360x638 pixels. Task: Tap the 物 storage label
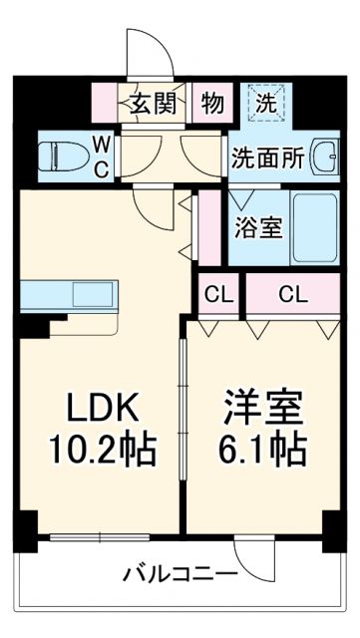click(x=212, y=102)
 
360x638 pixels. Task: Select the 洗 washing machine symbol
click(x=267, y=101)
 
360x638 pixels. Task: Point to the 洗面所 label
click(x=269, y=157)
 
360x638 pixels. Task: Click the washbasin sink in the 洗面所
click(x=324, y=156)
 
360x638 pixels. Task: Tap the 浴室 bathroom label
click(x=257, y=226)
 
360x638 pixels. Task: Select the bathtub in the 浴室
click(x=315, y=226)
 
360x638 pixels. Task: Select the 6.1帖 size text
click(x=260, y=452)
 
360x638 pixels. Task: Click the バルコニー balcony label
click(x=180, y=574)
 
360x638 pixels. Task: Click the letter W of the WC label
click(x=102, y=144)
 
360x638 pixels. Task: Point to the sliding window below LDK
click(x=100, y=539)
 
